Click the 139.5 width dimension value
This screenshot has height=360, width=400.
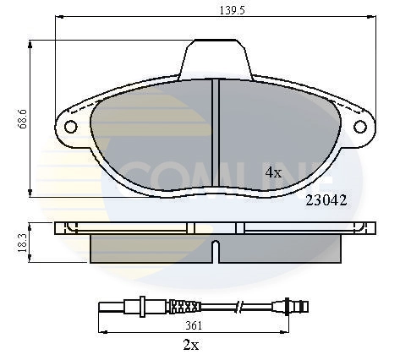233,10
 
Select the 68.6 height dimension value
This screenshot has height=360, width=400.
22,119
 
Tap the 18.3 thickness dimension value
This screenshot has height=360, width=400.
23,243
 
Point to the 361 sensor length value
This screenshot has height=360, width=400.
194,326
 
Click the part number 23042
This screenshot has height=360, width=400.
326,200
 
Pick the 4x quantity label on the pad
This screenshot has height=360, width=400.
273,172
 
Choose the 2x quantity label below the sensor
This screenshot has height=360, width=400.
191,345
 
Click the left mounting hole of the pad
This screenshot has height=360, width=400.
70,127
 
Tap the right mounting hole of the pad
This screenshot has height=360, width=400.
360,127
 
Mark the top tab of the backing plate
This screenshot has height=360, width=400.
216,59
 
